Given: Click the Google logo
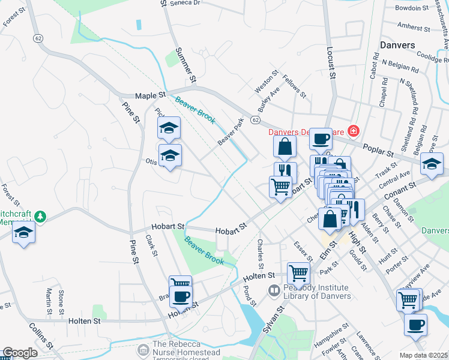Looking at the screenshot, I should (20, 353).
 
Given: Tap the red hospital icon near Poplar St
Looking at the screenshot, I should (354, 130).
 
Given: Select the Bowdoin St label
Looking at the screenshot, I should (411, 8).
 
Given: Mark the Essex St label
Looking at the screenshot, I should (300, 251).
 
